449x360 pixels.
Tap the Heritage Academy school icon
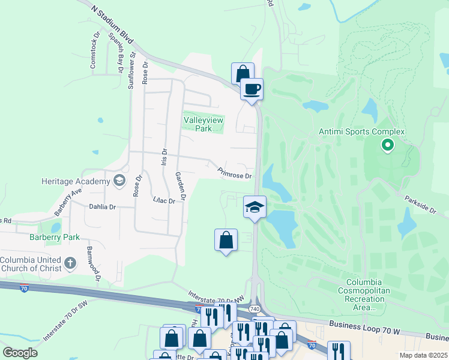[x=119, y=181]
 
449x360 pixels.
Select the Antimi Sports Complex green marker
[x=388, y=145]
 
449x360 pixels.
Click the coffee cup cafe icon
[x=252, y=89]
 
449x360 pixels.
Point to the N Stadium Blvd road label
[x=112, y=25]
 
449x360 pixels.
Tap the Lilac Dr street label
[x=164, y=200]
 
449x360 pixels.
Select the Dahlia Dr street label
[x=102, y=206]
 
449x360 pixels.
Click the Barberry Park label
[x=55, y=237]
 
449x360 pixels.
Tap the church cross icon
[x=70, y=263]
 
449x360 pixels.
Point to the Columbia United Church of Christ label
[x=30, y=264]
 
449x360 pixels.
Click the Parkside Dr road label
[x=420, y=202]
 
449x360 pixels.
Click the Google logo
[x=20, y=353]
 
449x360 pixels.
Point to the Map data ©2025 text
[x=423, y=355]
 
